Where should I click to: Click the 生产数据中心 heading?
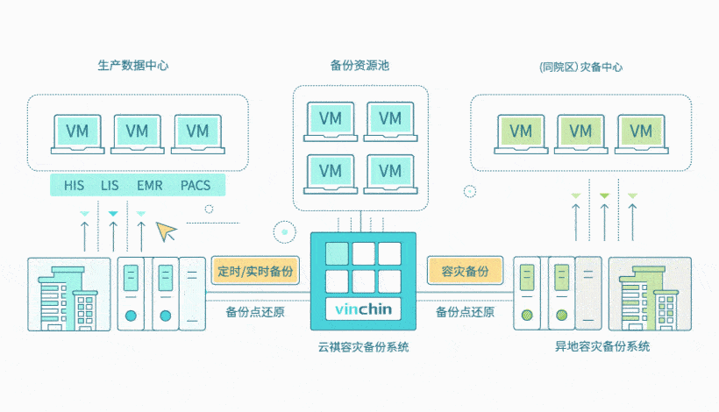pos(133,66)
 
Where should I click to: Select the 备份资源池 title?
pos(359,66)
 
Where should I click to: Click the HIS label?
pos(74,185)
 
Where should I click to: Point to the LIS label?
pos(110,185)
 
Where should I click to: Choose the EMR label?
pos(149,185)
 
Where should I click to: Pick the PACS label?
pos(196,185)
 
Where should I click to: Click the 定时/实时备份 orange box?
pos(255,270)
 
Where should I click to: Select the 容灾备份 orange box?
pos(465,270)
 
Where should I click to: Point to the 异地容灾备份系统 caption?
pos(602,347)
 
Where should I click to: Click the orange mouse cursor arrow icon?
pos(165,231)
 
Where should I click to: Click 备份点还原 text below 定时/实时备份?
pos(255,311)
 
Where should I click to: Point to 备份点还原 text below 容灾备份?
pos(465,311)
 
